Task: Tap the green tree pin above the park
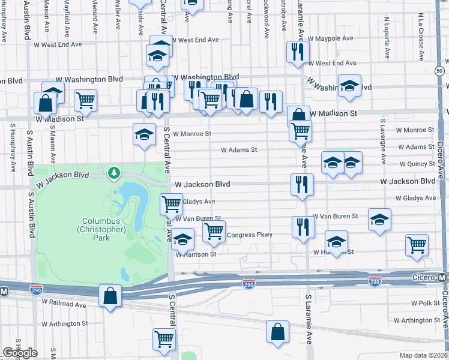coord(113,173)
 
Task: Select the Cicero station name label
coord(422,278)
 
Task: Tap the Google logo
coord(19,352)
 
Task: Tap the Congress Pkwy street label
coord(249,235)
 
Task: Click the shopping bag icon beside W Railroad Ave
coord(110,295)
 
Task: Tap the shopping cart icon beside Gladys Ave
coord(172,204)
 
